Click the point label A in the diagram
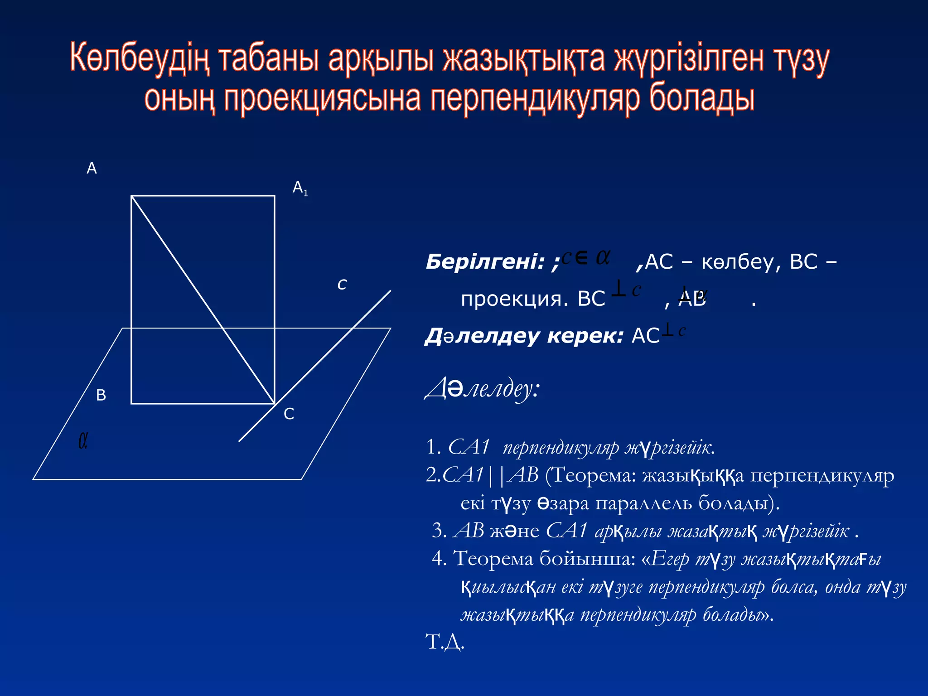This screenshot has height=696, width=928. coord(92,168)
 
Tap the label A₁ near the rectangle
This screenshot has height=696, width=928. coord(300,188)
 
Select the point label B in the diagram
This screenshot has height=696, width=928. coord(101,395)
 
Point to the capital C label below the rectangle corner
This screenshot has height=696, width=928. coord(289,414)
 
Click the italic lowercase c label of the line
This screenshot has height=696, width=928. coord(342,285)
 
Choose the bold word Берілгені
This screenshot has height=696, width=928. coord(485,262)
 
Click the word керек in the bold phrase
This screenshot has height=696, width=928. coord(585,336)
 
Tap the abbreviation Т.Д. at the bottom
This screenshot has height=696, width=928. coord(445,642)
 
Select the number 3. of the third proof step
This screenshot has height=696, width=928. coord(440,531)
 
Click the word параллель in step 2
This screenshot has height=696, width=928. coord(643,503)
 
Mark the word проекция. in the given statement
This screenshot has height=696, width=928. coord(514,299)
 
